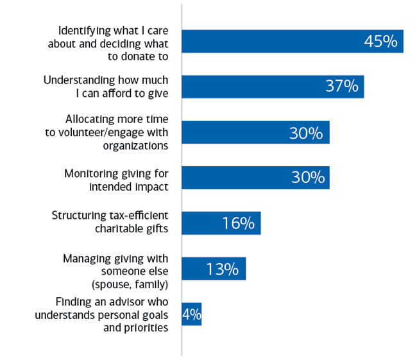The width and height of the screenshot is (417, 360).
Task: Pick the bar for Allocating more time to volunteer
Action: pyautogui.click(x=231, y=132)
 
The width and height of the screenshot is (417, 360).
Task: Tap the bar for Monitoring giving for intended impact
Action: pyautogui.click(x=231, y=178)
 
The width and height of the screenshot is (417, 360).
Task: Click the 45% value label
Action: pyautogui.click(x=381, y=41)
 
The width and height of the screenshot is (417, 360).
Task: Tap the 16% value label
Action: pyautogui.click(x=239, y=223)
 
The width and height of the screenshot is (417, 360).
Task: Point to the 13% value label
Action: pyautogui.click(x=223, y=269)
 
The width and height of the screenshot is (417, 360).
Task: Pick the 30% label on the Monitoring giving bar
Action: pyautogui.click(x=307, y=178)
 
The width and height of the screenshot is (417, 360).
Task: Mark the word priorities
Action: pyautogui.click(x=146, y=327)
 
